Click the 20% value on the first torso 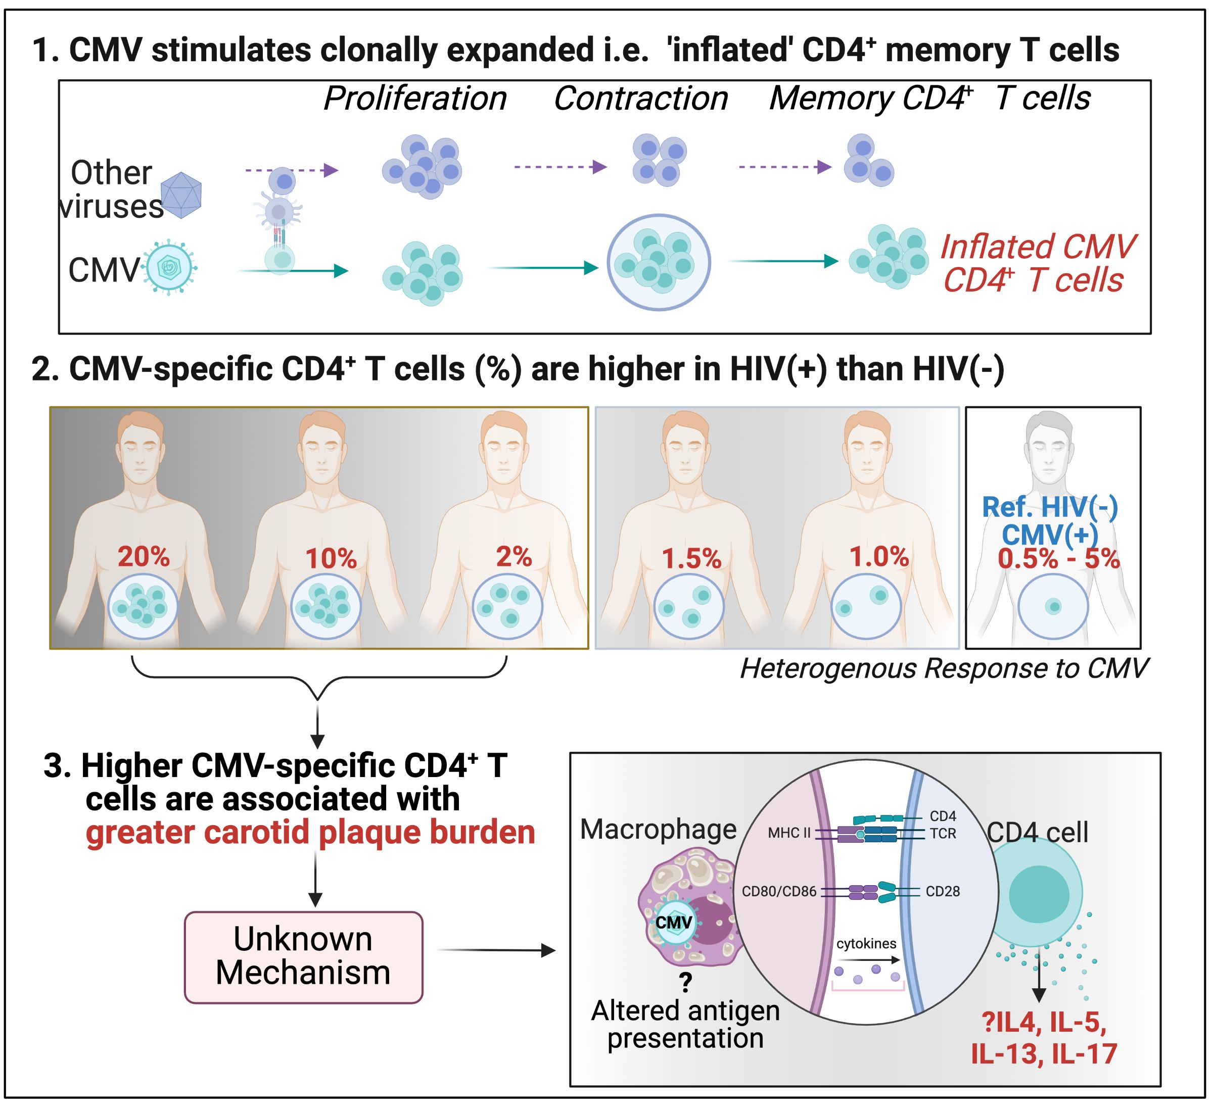click(143, 556)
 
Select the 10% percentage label click(331, 559)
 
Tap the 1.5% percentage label click(691, 559)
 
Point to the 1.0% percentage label click(878, 556)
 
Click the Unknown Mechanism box click(303, 957)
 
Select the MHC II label click(789, 833)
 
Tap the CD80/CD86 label click(778, 891)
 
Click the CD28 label click(942, 891)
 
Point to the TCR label click(942, 834)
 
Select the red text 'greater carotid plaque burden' click(310, 833)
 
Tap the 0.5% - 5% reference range click(1058, 559)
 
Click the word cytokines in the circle click(866, 943)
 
